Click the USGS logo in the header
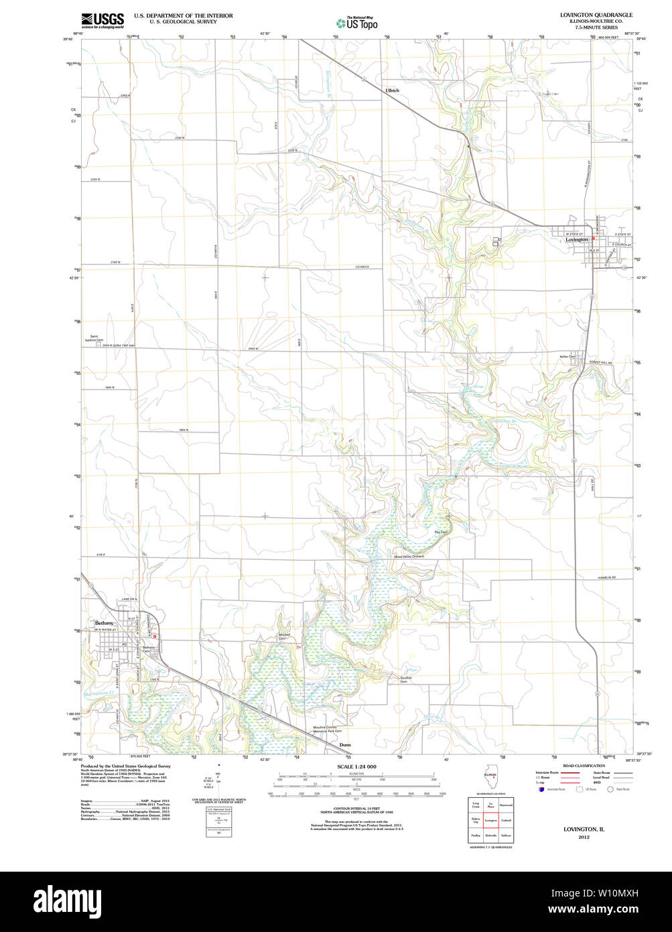pyautogui.click(x=103, y=21)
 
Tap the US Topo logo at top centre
pyautogui.click(x=356, y=23)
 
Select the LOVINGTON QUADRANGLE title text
pyautogui.click(x=596, y=15)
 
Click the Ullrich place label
pyautogui.click(x=392, y=91)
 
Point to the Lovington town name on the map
pyautogui.click(x=576, y=239)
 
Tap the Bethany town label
pyautogui.click(x=105, y=623)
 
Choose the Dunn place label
pyautogui.click(x=344, y=745)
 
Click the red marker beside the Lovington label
pyautogui.click(x=593, y=238)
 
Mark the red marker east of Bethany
pyautogui.click(x=155, y=636)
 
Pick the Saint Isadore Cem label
pyautogui.click(x=93, y=339)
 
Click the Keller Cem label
pyautogui.click(x=567, y=356)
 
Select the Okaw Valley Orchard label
pyautogui.click(x=409, y=557)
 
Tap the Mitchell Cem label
pyautogui.click(x=284, y=636)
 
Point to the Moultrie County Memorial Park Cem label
pyautogui.click(x=328, y=729)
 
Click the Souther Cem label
pyautogui.click(x=406, y=679)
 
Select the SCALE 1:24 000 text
pyautogui.click(x=356, y=766)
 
